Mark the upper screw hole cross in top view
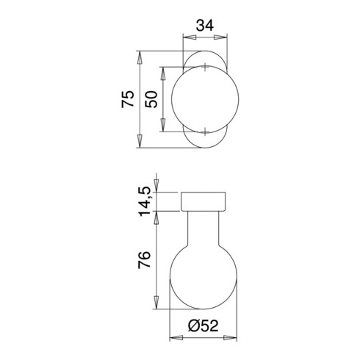pyautogui.click(x=203, y=68)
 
